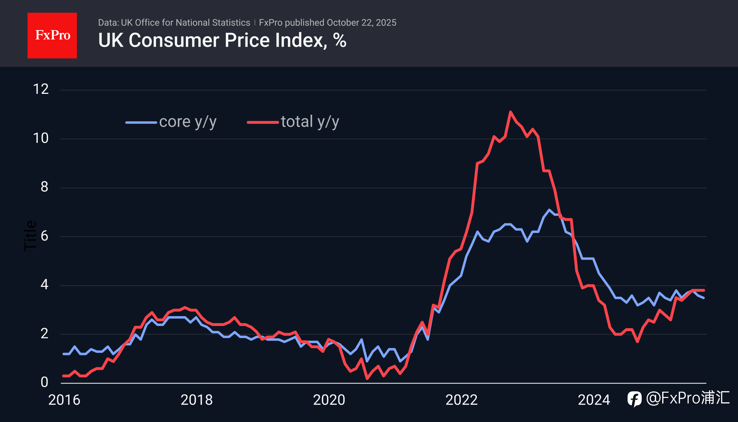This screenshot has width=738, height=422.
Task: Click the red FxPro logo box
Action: click(52, 35)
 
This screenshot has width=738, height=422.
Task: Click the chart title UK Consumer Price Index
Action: click(222, 40)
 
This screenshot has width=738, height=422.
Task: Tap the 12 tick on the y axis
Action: click(41, 89)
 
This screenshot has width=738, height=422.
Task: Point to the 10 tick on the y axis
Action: click(41, 138)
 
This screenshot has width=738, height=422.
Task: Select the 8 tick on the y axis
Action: click(44, 187)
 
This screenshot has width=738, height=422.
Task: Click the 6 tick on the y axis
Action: click(44, 236)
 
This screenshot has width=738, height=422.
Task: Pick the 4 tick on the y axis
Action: click(44, 285)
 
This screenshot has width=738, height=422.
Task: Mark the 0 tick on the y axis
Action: click(44, 382)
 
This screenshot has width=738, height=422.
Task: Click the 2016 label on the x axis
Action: click(64, 400)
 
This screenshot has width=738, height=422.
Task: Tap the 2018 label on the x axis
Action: click(196, 400)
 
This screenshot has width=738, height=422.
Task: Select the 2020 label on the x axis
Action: click(329, 400)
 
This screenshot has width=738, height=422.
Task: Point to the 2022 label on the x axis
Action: click(461, 400)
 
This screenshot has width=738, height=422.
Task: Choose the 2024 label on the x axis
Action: click(594, 400)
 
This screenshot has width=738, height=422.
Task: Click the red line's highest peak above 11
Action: click(510, 112)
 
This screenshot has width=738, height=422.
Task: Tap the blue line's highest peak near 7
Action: click(549, 210)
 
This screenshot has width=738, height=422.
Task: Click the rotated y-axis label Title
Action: click(30, 236)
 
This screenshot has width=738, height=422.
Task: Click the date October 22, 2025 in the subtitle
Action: click(361, 23)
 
